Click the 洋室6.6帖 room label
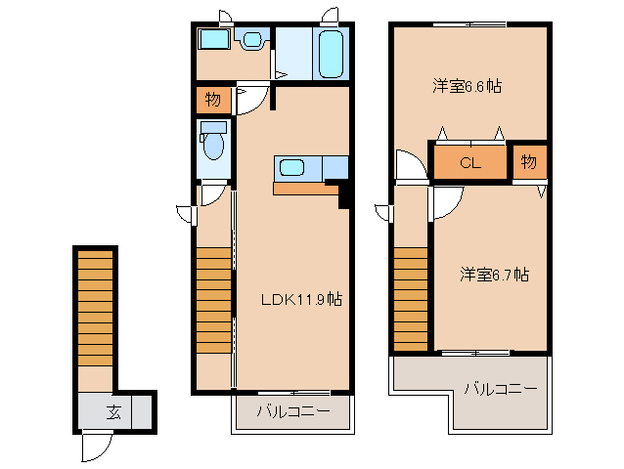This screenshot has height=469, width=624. click(x=468, y=86)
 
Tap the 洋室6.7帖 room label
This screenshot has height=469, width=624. click(x=495, y=275)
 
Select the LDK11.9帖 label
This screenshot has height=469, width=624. click(x=300, y=299)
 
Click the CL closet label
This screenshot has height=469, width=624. click(x=470, y=163)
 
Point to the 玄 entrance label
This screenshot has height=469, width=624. click(x=114, y=409)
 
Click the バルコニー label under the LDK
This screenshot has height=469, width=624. click(x=293, y=411)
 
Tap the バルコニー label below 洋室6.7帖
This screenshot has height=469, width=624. click(x=500, y=389)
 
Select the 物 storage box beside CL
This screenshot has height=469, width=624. click(x=528, y=162)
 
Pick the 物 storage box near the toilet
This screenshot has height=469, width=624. click(x=212, y=100)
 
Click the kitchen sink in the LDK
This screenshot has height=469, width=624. click(x=291, y=167)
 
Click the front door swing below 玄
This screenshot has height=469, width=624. click(x=96, y=447)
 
